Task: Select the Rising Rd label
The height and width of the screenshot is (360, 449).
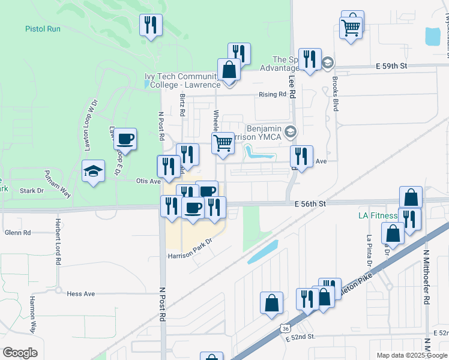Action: tap(273, 95)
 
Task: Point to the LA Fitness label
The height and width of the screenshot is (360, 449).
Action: tap(378, 215)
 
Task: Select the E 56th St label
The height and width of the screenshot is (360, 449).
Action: tap(310, 204)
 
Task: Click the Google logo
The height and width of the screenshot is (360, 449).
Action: tap(20, 353)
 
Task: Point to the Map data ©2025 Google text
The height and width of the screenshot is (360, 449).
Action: tap(411, 355)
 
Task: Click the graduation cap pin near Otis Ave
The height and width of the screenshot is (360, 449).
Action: tap(94, 172)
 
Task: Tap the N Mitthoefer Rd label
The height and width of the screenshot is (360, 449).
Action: tap(427, 270)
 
